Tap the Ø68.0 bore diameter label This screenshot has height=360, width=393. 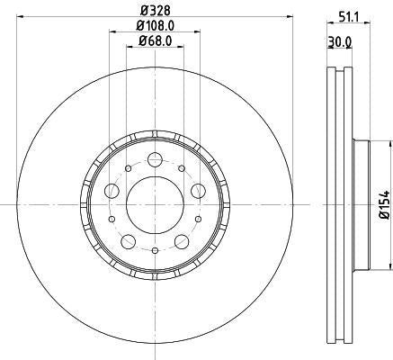pyautogui.click(x=154, y=40)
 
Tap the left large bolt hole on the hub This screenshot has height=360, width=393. pyautogui.click(x=112, y=191)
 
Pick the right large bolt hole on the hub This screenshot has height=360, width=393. pyautogui.click(x=196, y=191)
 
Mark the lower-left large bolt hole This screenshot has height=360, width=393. pyautogui.click(x=129, y=240)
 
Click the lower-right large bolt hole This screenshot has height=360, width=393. pyautogui.click(x=180, y=240)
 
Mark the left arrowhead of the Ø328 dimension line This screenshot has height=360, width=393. pyautogui.click(x=20, y=16)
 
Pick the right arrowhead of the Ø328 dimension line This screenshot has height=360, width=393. pyautogui.click(x=289, y=16)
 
